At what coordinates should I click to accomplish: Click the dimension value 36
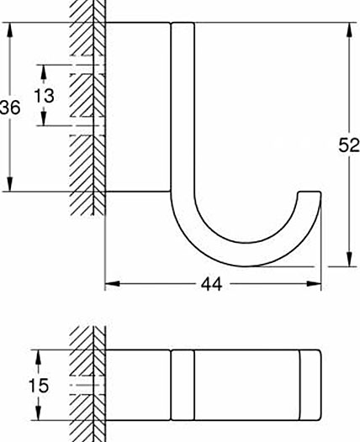click(x=10, y=107)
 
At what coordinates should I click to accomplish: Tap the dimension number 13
click(x=44, y=96)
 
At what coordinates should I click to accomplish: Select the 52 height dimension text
click(x=349, y=145)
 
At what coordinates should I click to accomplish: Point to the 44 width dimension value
click(x=212, y=284)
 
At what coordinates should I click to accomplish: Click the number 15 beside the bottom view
click(x=39, y=386)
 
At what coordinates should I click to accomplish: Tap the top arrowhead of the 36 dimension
click(x=10, y=29)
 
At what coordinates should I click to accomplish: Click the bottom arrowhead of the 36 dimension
click(x=10, y=184)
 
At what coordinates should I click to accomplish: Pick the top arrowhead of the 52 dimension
click(x=349, y=29)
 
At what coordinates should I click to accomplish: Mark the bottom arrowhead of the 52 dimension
click(x=349, y=259)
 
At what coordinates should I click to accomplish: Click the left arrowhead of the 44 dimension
click(x=112, y=283)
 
